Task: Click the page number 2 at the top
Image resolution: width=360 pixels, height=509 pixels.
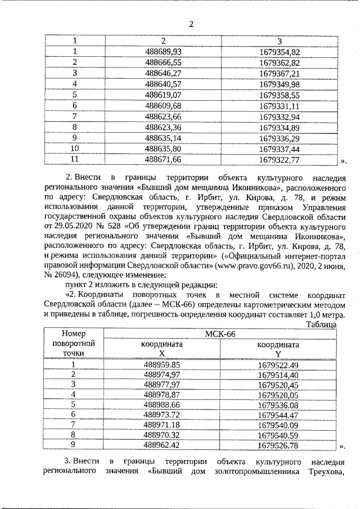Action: [191, 24]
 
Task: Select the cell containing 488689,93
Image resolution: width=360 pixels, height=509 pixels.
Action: [163, 52]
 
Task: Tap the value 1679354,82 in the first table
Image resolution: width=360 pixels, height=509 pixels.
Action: [280, 52]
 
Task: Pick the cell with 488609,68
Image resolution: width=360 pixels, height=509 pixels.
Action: [163, 106]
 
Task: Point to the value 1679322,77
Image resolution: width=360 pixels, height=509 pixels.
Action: [280, 160]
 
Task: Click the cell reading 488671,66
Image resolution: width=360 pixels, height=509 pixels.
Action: [163, 160]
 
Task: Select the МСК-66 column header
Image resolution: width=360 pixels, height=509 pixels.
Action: [221, 334]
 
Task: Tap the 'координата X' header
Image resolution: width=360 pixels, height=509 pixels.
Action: [162, 348]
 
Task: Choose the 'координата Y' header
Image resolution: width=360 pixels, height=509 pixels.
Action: [278, 348]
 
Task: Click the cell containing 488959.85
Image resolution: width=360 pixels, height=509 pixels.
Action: [162, 364]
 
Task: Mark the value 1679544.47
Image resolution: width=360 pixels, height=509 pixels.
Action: [278, 415]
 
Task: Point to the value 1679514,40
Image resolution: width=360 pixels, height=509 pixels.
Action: [278, 374]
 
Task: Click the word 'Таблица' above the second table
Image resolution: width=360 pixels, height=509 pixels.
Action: [321, 325]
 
